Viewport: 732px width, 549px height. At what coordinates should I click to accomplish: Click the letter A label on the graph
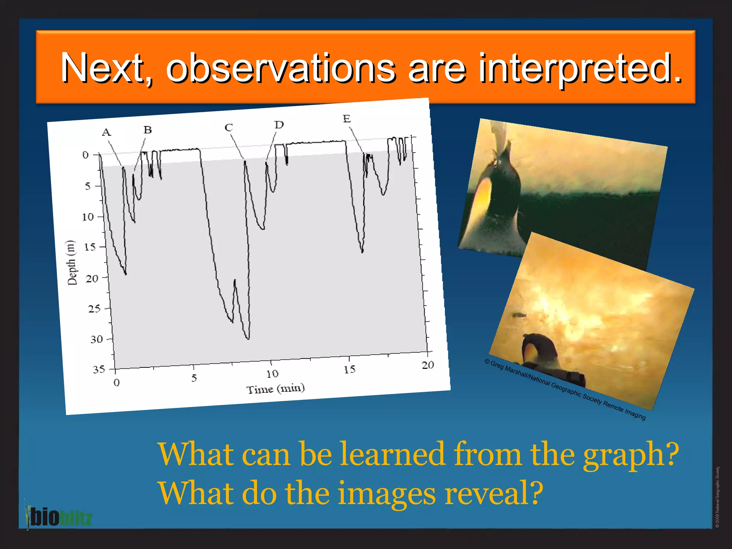pos(106,133)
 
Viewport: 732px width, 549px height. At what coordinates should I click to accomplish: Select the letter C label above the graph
pos(229,128)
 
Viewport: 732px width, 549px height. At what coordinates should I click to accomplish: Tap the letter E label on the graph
pos(347,119)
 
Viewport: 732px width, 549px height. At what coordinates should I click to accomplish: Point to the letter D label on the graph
pos(279,125)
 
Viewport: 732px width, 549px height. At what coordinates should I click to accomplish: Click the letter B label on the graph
pos(148,130)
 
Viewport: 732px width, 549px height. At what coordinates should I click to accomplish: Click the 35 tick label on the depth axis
pos(99,369)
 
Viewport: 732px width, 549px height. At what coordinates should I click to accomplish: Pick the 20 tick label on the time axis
pos(427,365)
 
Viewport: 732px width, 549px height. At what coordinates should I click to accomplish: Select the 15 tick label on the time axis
pos(350,370)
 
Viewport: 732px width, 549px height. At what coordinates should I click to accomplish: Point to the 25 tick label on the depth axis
pos(94,308)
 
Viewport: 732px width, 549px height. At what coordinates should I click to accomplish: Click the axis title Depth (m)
pos(72,263)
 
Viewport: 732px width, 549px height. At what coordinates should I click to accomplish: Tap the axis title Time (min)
pos(276,389)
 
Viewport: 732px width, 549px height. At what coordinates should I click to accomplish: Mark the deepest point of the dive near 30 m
pos(248,338)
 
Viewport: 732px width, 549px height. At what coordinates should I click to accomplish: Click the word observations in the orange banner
pos(281,68)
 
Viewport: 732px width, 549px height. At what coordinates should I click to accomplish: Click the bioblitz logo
pos(59,517)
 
